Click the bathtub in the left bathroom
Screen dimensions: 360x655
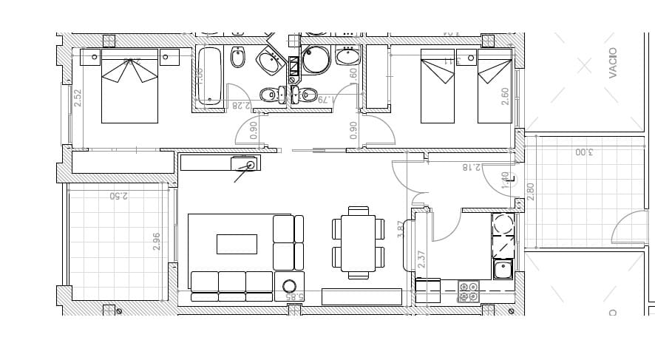(211, 76)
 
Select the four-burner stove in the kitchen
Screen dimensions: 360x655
(469, 291)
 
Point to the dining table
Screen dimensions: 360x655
(359, 242)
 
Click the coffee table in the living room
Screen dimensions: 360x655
(237, 244)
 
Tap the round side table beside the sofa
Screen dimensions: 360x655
(289, 286)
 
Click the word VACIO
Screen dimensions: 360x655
(613, 63)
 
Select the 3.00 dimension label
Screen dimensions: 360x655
(583, 153)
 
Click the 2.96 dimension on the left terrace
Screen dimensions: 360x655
(157, 242)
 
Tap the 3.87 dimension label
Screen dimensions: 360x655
(401, 229)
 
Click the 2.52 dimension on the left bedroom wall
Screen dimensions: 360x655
(78, 98)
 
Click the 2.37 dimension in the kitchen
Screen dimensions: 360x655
(421, 259)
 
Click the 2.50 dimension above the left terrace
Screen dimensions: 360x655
(118, 196)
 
